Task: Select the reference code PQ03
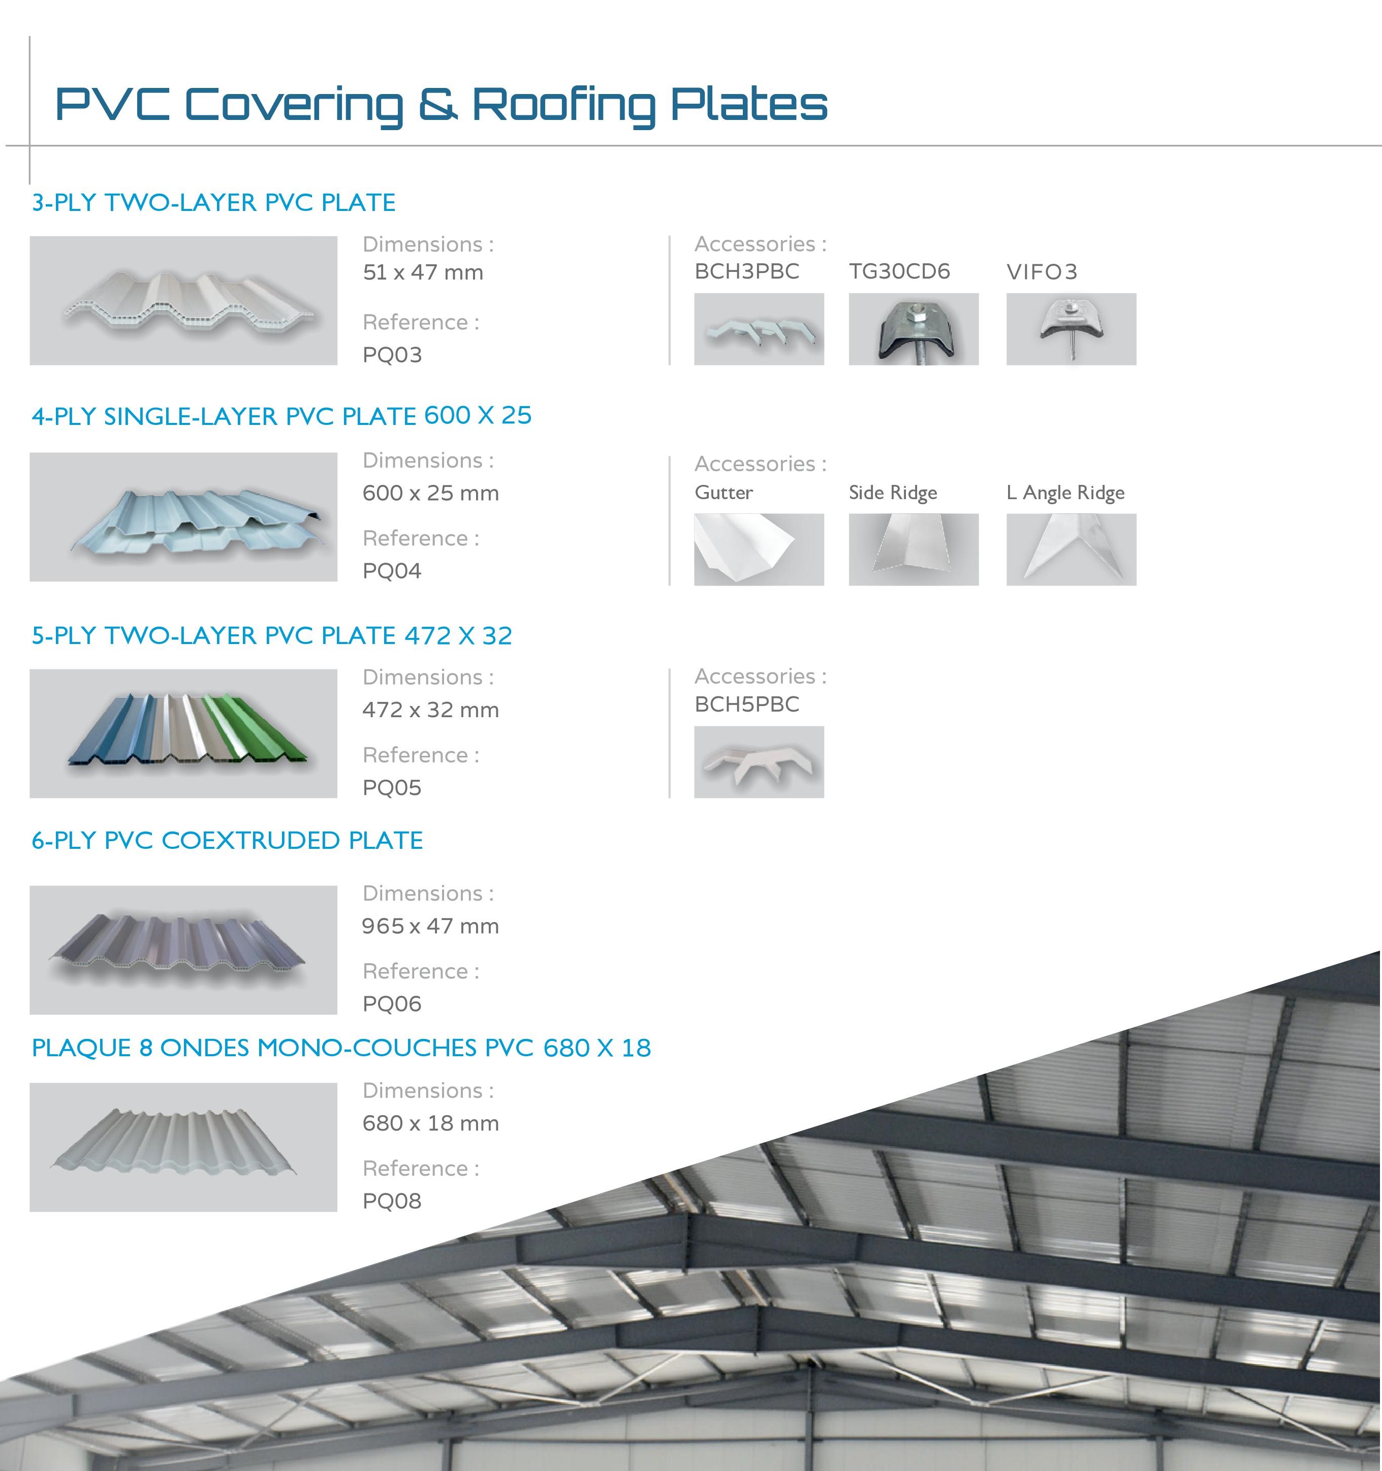(392, 355)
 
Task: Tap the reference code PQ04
(392, 571)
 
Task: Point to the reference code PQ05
(392, 788)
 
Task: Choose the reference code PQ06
(392, 1004)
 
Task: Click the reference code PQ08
(392, 1201)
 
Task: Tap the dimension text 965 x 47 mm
(430, 927)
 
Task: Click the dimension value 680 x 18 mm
(430, 1123)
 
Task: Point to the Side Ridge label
(893, 493)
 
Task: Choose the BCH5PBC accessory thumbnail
(759, 762)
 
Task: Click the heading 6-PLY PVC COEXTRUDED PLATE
(228, 841)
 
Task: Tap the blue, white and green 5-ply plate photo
(183, 733)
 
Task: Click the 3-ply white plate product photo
(183, 300)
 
